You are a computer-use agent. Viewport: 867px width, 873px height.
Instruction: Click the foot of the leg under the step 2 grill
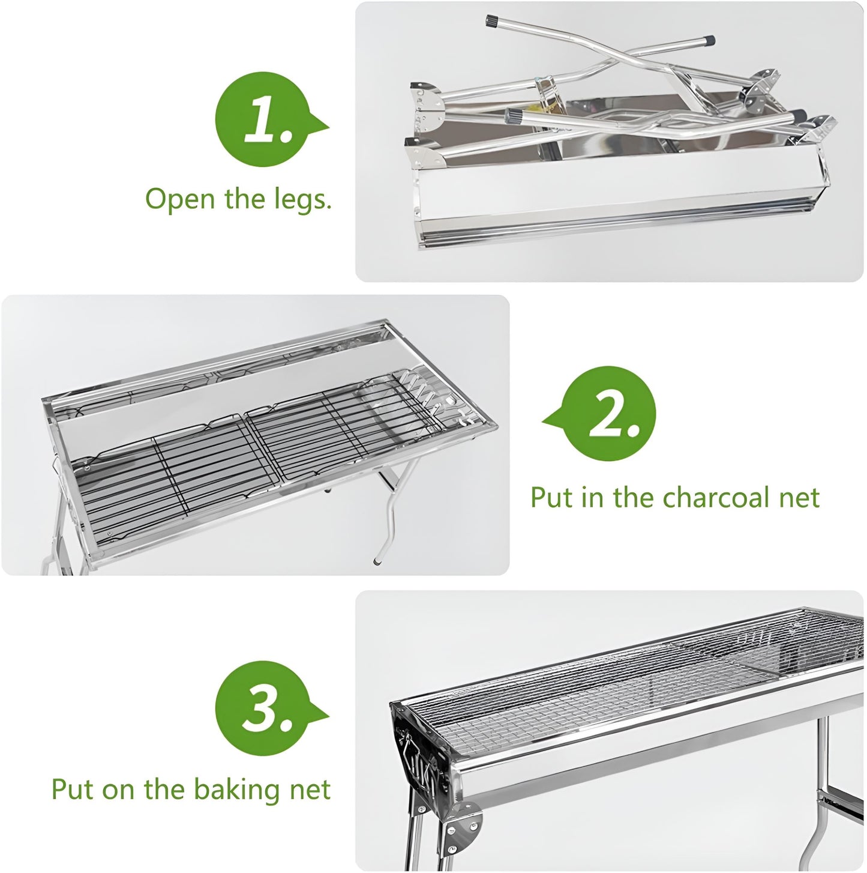click(376, 561)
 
